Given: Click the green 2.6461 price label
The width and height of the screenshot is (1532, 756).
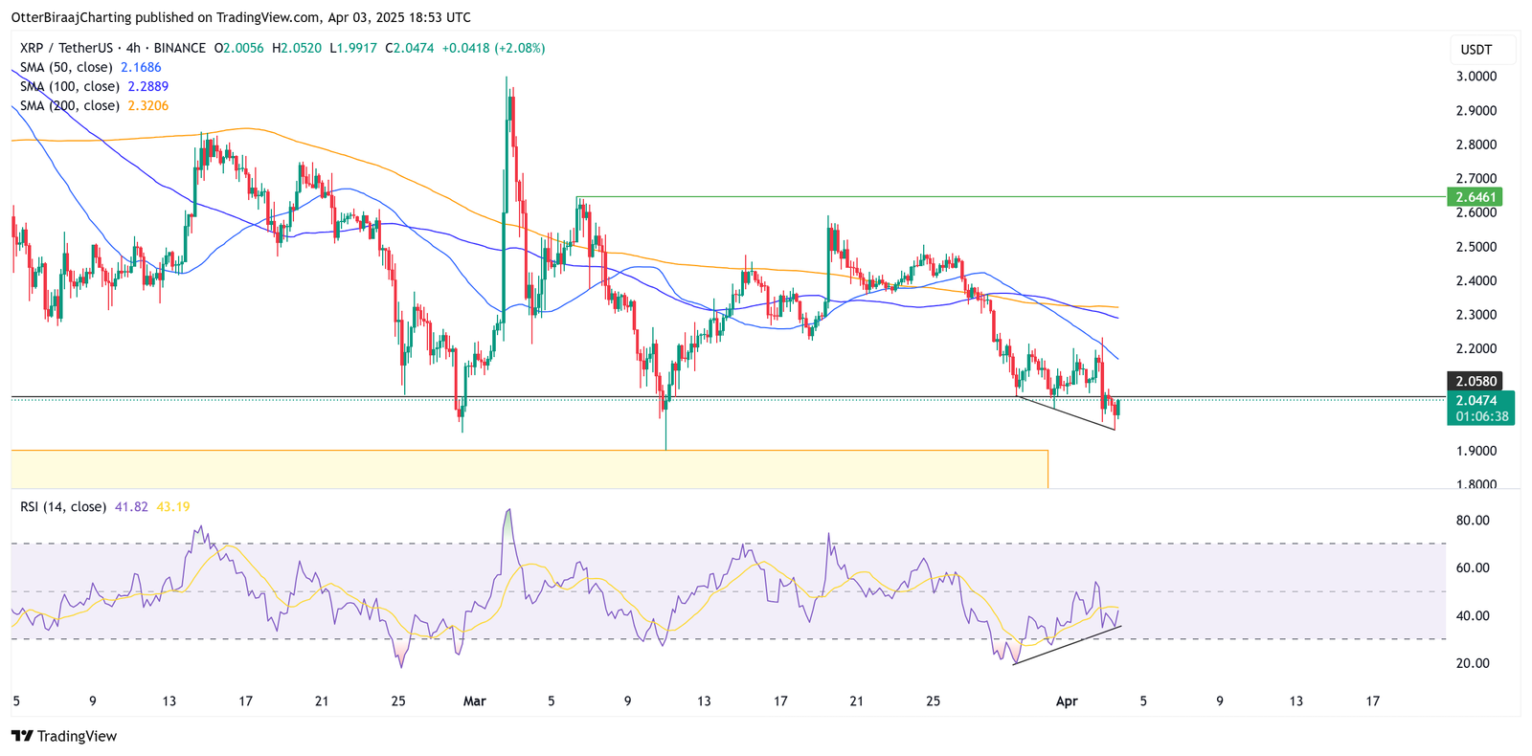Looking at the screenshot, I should click(x=1476, y=197).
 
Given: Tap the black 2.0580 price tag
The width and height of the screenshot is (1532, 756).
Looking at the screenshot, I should click(x=1476, y=381).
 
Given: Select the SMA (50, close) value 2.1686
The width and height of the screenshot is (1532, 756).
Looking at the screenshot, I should click(x=141, y=67).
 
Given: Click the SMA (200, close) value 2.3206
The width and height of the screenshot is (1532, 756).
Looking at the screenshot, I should click(x=148, y=105).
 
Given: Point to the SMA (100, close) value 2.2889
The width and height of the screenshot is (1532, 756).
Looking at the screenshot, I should click(x=148, y=86).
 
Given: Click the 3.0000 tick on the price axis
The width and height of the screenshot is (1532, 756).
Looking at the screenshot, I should click(x=1476, y=77).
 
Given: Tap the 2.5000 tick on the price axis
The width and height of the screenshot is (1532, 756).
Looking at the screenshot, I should click(x=1476, y=247).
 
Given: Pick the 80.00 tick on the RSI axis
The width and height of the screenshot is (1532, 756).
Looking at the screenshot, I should click(x=1472, y=521).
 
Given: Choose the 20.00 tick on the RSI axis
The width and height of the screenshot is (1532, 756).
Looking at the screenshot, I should click(x=1472, y=663).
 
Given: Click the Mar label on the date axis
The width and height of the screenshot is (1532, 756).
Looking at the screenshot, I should click(x=474, y=701).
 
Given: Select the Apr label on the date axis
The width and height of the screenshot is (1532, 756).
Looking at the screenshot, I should click(x=1066, y=701).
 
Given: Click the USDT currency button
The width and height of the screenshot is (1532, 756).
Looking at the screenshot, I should click(x=1476, y=49).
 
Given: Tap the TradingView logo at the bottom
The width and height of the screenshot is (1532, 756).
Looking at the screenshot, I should click(x=64, y=736).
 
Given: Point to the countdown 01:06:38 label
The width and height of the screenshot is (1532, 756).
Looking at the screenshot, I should click(x=1481, y=416).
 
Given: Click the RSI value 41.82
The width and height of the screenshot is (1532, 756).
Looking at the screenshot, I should click(x=131, y=506).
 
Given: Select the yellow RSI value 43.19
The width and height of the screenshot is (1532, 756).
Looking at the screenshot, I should click(x=173, y=506).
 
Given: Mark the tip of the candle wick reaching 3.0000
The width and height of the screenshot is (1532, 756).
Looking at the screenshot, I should click(x=507, y=78).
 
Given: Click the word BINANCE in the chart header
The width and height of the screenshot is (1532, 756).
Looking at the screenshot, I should click(x=179, y=48).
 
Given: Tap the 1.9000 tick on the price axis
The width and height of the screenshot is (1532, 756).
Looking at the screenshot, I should click(x=1476, y=451).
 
